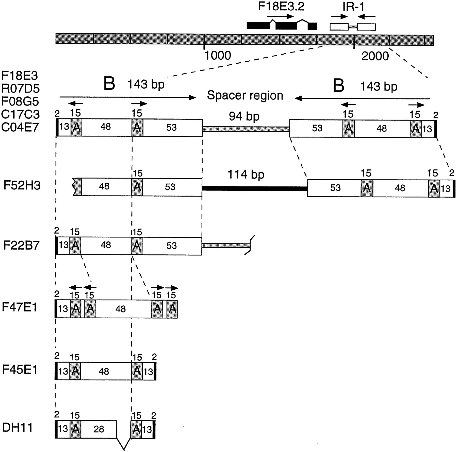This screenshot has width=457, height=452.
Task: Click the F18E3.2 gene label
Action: click(281, 7)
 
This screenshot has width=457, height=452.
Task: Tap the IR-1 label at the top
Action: click(353, 7)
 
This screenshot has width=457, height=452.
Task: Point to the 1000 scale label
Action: click(218, 56)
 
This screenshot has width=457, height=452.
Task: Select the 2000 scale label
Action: click(375, 56)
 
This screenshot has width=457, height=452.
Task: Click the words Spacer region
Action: click(245, 95)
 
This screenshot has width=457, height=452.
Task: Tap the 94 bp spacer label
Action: click(244, 116)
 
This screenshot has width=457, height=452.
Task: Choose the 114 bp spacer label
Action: click(246, 175)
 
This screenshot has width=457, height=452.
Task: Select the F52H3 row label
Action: click(22, 186)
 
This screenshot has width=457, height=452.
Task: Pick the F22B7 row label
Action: click(21, 246)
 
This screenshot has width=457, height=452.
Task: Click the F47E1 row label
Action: click(20, 307)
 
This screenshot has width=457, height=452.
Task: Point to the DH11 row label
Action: click(18, 428)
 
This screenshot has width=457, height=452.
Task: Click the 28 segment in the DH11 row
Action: click(99, 429)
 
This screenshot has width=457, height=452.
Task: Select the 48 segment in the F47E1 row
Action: click(120, 309)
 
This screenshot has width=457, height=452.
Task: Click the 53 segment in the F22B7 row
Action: click(172, 246)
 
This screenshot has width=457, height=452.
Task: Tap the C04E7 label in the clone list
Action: click(20, 127)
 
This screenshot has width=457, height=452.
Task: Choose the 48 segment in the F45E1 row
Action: click(104, 371)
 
